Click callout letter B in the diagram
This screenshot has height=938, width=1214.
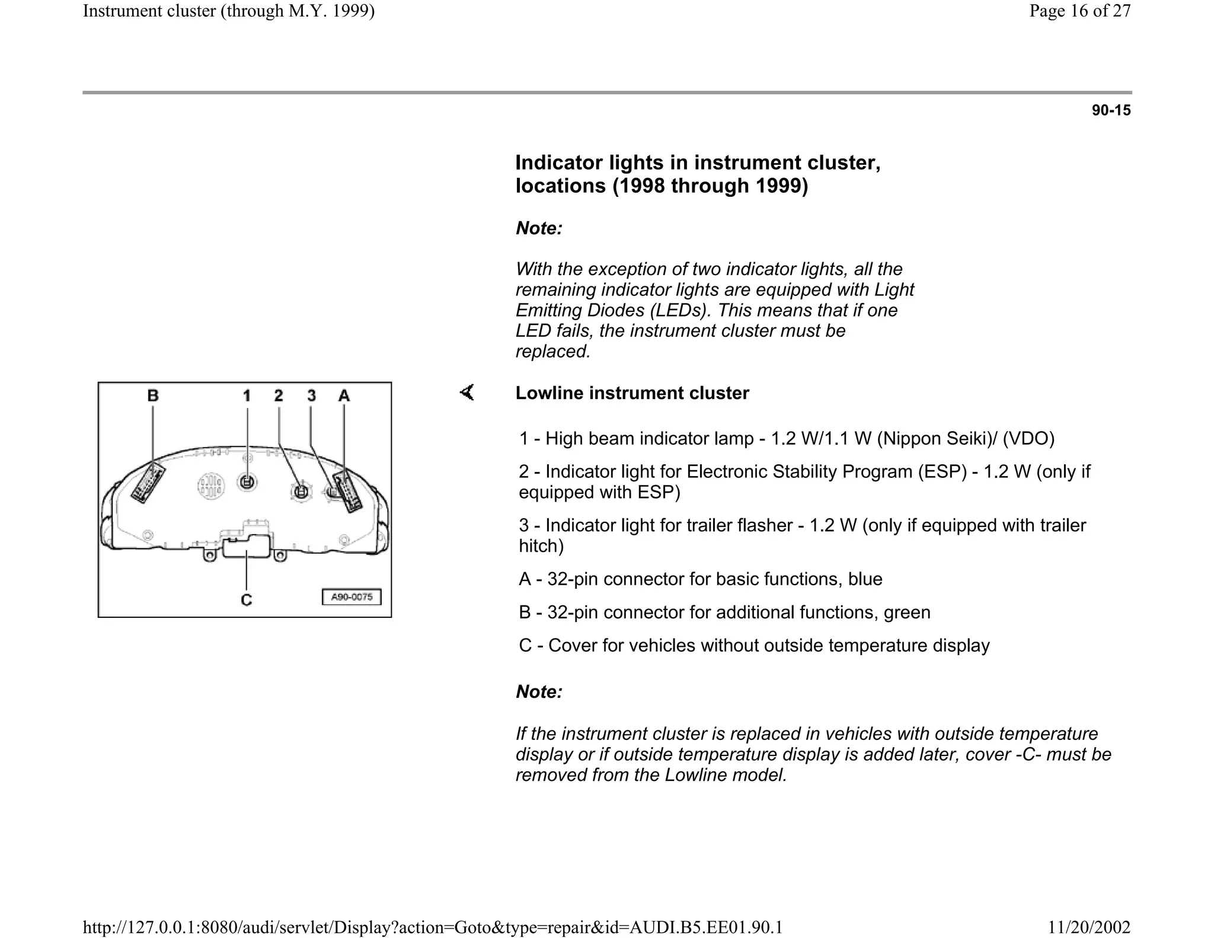click(x=153, y=395)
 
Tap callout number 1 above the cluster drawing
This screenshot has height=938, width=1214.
click(x=247, y=395)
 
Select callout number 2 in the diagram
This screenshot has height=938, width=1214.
click(x=279, y=395)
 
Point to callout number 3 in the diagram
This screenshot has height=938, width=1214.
click(x=312, y=395)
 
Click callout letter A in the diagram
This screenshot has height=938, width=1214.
click(x=344, y=395)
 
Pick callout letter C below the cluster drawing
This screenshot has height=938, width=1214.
click(x=247, y=600)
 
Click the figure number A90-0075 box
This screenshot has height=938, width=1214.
click(x=352, y=597)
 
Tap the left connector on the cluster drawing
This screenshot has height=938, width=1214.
click(x=148, y=482)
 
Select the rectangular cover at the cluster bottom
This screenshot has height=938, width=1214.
click(x=247, y=545)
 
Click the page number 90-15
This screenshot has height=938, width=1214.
click(x=1111, y=110)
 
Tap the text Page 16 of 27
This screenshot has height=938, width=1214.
click(x=1079, y=11)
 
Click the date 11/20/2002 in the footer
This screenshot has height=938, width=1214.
click(x=1089, y=927)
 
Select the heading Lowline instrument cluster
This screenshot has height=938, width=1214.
click(x=632, y=393)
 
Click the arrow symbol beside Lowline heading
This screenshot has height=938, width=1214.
click(x=467, y=393)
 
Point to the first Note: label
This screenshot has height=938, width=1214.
click(x=538, y=228)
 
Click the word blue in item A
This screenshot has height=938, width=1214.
click(x=865, y=579)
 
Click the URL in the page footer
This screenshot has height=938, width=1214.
click(x=433, y=927)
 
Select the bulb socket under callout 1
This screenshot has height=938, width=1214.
click(x=247, y=481)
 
